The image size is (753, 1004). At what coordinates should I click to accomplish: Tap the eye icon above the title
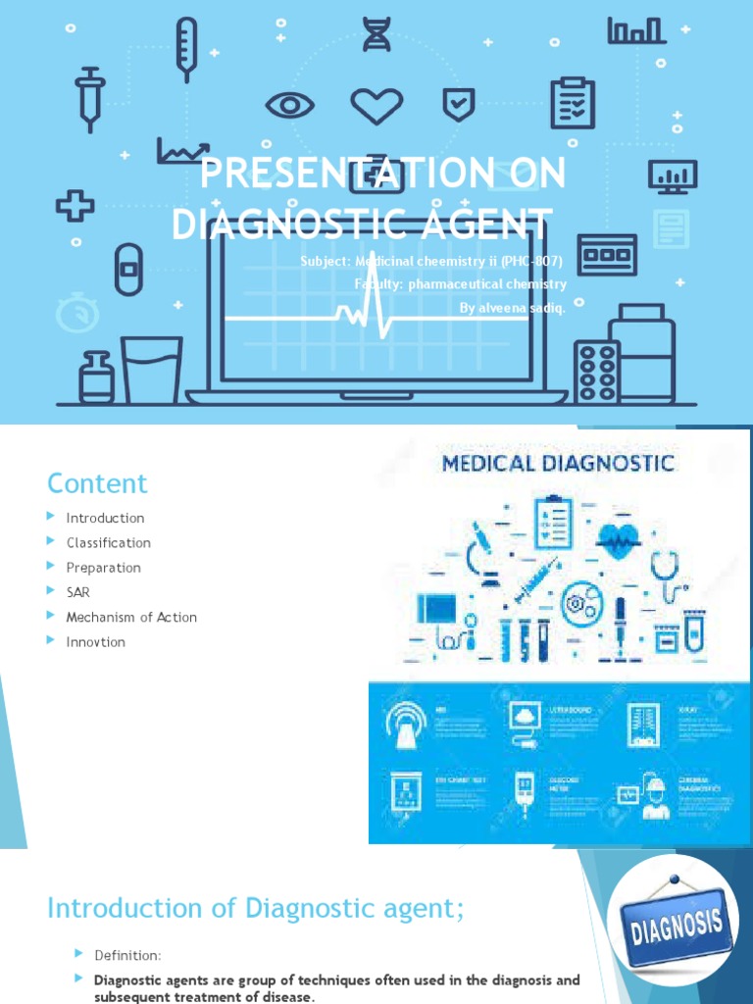[x=290, y=106]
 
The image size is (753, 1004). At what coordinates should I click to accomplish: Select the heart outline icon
[x=377, y=106]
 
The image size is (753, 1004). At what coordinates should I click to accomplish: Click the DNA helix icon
[x=376, y=35]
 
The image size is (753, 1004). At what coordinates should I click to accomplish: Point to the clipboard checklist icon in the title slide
[x=573, y=104]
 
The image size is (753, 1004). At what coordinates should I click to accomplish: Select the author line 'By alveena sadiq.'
[x=513, y=308]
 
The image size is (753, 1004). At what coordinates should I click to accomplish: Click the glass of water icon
[x=151, y=369]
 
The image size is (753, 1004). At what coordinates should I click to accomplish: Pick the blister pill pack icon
[x=596, y=372]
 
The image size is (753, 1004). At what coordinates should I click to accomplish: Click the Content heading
[x=97, y=483]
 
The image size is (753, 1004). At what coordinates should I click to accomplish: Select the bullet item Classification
[x=108, y=542]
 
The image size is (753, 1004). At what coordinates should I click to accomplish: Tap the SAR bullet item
[x=77, y=592]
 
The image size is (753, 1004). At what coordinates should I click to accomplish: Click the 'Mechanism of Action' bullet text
[x=131, y=617]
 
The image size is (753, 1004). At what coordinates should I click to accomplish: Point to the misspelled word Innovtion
[x=95, y=641]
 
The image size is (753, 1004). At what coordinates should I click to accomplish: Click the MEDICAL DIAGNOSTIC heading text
[x=559, y=462]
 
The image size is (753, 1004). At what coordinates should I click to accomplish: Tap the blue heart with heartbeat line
[x=619, y=538]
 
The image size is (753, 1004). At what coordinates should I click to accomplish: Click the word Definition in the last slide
[x=127, y=955]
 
